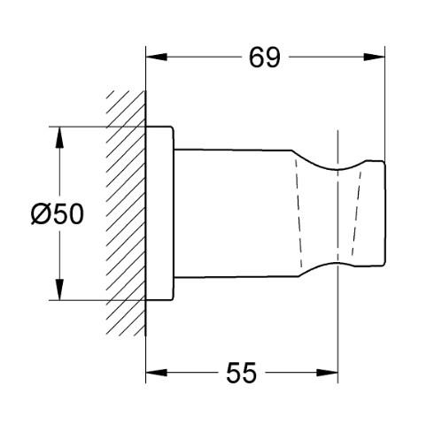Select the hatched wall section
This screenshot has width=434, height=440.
coord(125,212)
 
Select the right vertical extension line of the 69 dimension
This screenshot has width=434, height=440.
coord(386,106)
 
